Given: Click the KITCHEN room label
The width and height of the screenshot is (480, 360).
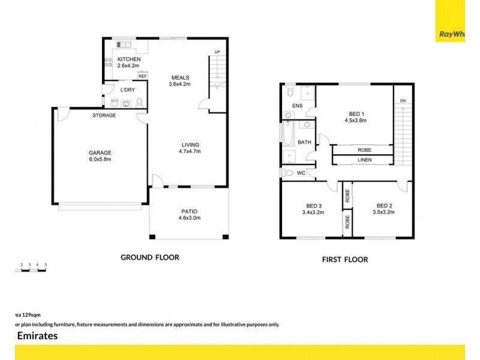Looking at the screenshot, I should pos(129,59).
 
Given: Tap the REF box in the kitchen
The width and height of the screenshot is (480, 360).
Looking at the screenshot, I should pos(143,76).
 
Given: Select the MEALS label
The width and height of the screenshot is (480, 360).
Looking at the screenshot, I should pos(180,77).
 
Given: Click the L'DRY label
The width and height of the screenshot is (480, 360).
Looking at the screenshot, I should pos(127,89).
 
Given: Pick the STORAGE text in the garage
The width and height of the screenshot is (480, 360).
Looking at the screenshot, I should pos(104,115).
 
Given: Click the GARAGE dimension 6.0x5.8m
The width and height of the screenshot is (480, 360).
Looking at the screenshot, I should pos(100,160).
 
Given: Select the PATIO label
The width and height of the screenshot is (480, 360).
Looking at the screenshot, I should pos(189,211).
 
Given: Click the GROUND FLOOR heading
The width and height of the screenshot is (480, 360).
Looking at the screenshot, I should pos(150,257).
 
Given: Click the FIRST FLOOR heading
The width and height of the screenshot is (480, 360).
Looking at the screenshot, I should pos(344,260).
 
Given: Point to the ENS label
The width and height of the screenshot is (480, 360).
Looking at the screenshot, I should pos(296,106).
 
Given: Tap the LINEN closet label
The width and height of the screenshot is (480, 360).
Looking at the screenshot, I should pos(364,160).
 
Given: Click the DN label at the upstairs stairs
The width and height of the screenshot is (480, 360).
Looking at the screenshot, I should pos(403,100).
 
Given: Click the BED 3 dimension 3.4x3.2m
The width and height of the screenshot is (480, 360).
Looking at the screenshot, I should pos(313,212).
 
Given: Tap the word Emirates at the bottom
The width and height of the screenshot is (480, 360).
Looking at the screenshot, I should pos(37,336).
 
